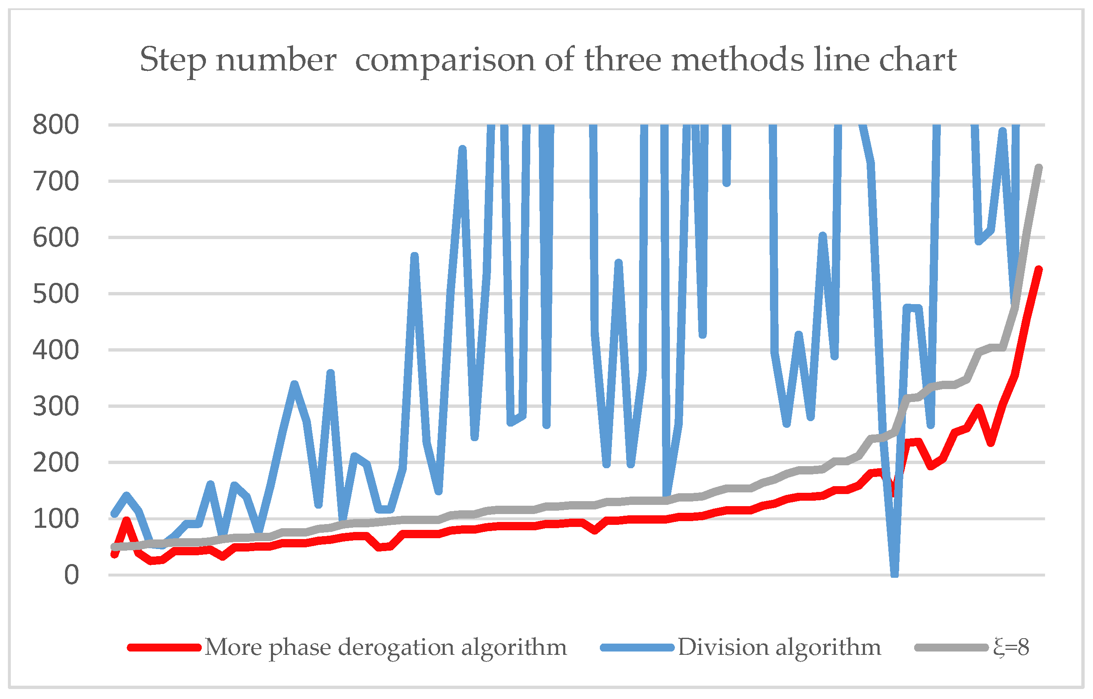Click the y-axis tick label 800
click(55, 125)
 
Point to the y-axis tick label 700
click(55, 182)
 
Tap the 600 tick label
click(55, 238)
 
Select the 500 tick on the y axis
click(55, 294)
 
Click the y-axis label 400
click(55, 350)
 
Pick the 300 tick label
click(55, 407)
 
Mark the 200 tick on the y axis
click(55, 463)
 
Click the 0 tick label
click(71, 575)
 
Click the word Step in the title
click(173, 60)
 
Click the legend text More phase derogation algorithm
click(386, 647)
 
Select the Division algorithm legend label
click(779, 647)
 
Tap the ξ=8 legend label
click(1011, 647)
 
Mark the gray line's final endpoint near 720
click(1038, 168)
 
